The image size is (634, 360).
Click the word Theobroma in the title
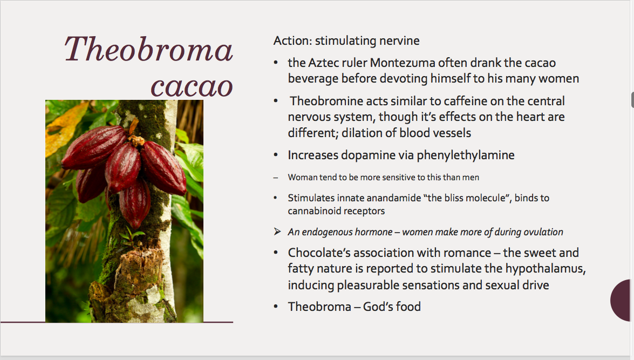coord(148,49)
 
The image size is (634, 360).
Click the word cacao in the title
coord(192,86)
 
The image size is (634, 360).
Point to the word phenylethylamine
coord(466,155)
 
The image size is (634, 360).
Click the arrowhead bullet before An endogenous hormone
coord(277,232)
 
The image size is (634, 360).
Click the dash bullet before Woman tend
coord(276,178)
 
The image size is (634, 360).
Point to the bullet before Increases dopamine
coord(276,155)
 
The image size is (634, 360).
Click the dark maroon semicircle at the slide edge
coord(621,300)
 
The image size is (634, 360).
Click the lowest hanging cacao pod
coord(135,203)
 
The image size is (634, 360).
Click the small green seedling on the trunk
coord(130,236)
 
